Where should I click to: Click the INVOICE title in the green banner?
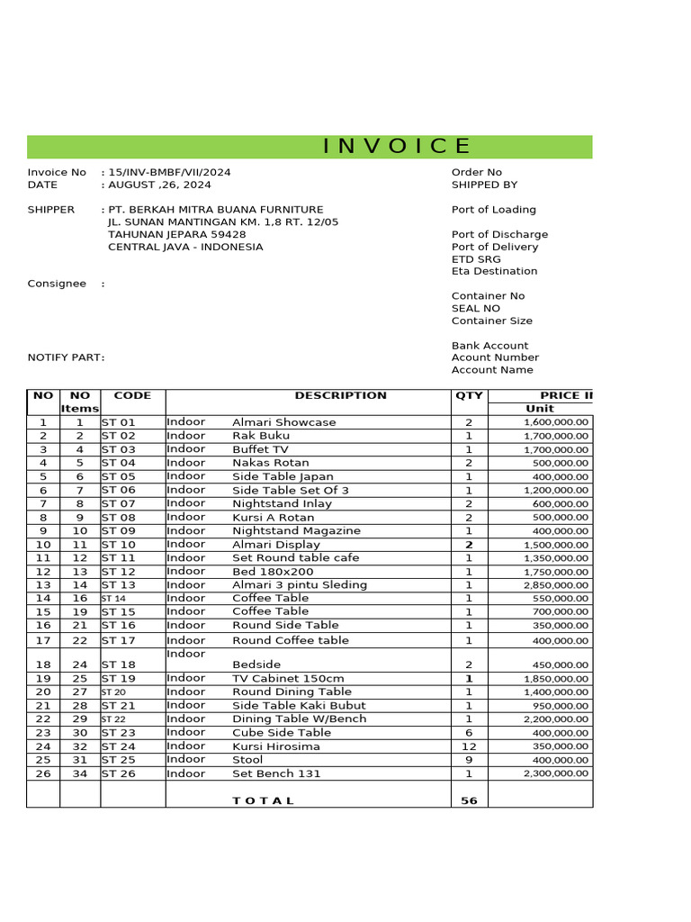coord(397,147)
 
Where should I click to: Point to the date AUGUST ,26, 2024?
coord(160,185)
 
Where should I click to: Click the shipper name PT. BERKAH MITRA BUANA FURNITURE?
coord(216,210)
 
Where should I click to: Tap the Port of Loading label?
coord(493,210)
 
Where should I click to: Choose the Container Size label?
coord(491,321)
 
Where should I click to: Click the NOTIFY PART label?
coord(66,357)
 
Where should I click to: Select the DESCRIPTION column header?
coord(340,395)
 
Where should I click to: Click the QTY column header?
coord(469,395)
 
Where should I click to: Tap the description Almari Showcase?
coord(283,422)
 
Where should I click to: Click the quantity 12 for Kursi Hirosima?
coord(469,746)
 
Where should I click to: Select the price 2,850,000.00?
coord(555,585)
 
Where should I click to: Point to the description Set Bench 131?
coord(270,773)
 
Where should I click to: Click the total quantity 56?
coord(469,800)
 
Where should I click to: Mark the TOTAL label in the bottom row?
coord(263,800)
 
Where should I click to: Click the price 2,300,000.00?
coord(555,773)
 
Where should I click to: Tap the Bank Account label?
coord(489,346)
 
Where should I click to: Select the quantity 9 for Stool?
coord(469,760)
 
